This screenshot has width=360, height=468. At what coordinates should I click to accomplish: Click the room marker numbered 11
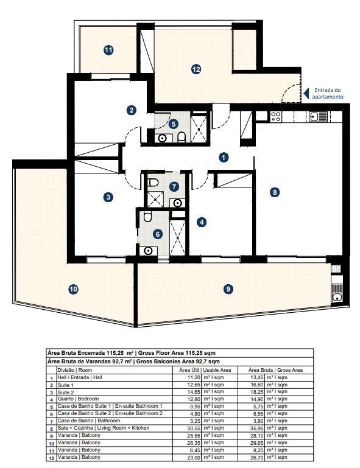[108, 51]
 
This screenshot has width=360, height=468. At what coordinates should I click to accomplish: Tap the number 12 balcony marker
[196, 69]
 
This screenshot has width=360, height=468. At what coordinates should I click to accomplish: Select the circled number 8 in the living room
[275, 192]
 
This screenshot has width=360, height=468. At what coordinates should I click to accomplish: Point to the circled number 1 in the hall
[224, 158]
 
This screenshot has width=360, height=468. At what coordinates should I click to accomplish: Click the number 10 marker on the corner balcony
[73, 289]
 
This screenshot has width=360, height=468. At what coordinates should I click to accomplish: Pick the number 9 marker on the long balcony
[228, 289]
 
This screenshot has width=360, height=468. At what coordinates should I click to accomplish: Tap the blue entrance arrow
[307, 92]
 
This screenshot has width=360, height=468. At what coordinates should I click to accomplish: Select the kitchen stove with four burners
[275, 116]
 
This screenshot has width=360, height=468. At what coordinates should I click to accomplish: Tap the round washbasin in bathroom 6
[148, 250]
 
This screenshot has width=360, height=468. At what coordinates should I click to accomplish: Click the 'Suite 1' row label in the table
[65, 385]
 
